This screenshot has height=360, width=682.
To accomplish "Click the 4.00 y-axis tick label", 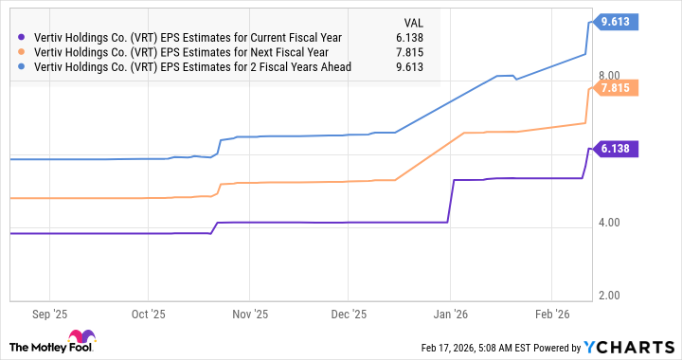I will pos(609,224).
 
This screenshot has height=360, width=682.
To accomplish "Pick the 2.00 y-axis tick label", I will pos(609,296).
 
